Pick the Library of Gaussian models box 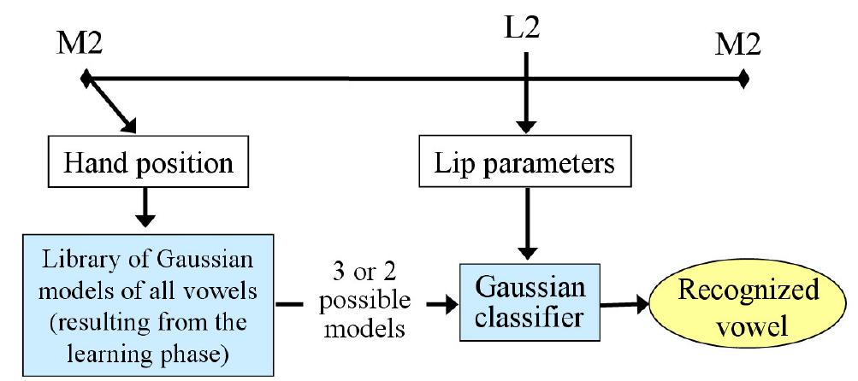click(147, 303)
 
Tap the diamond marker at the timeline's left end click(85, 80)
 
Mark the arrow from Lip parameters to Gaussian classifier click(528, 222)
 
